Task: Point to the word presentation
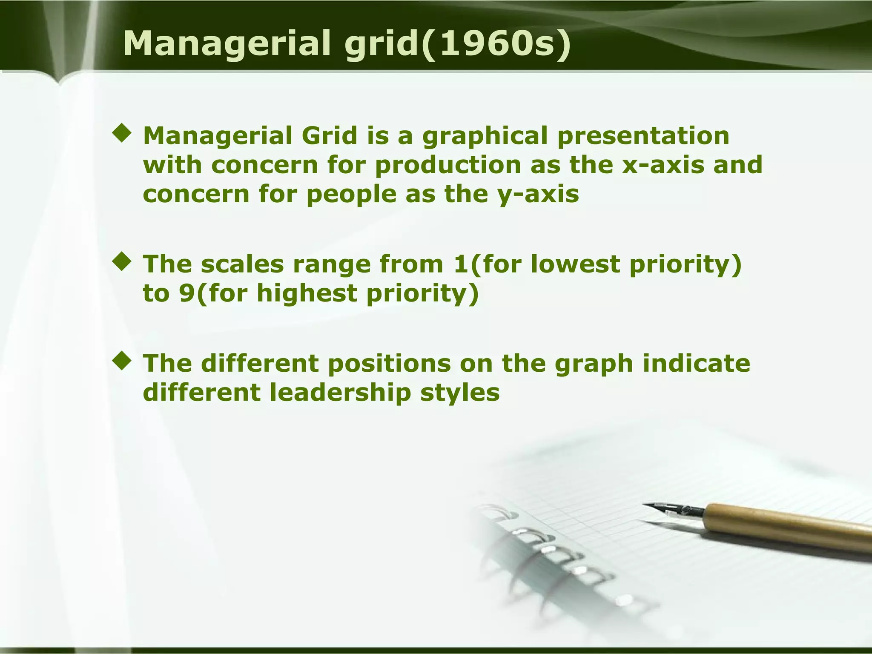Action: coord(643,136)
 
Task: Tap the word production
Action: coord(448,165)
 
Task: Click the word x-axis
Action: coord(663,165)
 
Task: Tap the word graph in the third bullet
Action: coord(594,364)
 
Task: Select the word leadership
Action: coord(341,393)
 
